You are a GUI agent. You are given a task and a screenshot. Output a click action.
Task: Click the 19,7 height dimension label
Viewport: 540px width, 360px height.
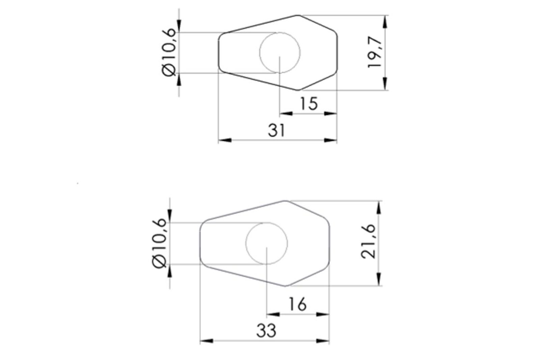375,52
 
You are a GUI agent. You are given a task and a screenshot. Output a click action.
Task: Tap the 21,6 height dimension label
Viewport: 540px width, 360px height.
368,242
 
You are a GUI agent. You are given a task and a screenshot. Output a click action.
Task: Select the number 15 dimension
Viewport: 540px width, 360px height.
309,104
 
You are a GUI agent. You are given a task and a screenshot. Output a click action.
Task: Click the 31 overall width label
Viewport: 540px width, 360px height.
276,130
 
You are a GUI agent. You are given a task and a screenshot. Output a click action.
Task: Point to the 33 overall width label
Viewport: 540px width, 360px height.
266,331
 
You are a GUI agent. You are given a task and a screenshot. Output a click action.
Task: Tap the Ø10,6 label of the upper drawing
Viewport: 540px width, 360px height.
169,52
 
